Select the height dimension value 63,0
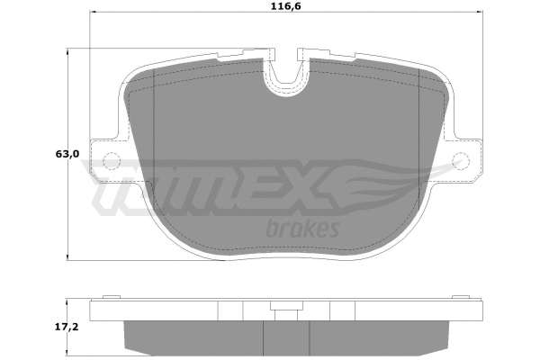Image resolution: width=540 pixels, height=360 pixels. click(67, 155)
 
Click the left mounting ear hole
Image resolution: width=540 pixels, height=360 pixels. click(112, 162)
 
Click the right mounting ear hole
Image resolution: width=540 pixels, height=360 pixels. click(463, 162)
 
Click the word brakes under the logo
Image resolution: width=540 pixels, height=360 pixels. click(302, 229)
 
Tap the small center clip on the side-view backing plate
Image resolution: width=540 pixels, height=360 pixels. click(286, 312)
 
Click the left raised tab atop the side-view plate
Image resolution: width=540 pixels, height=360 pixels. click(111, 296)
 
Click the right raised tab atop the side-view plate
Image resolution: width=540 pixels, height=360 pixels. click(463, 296)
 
